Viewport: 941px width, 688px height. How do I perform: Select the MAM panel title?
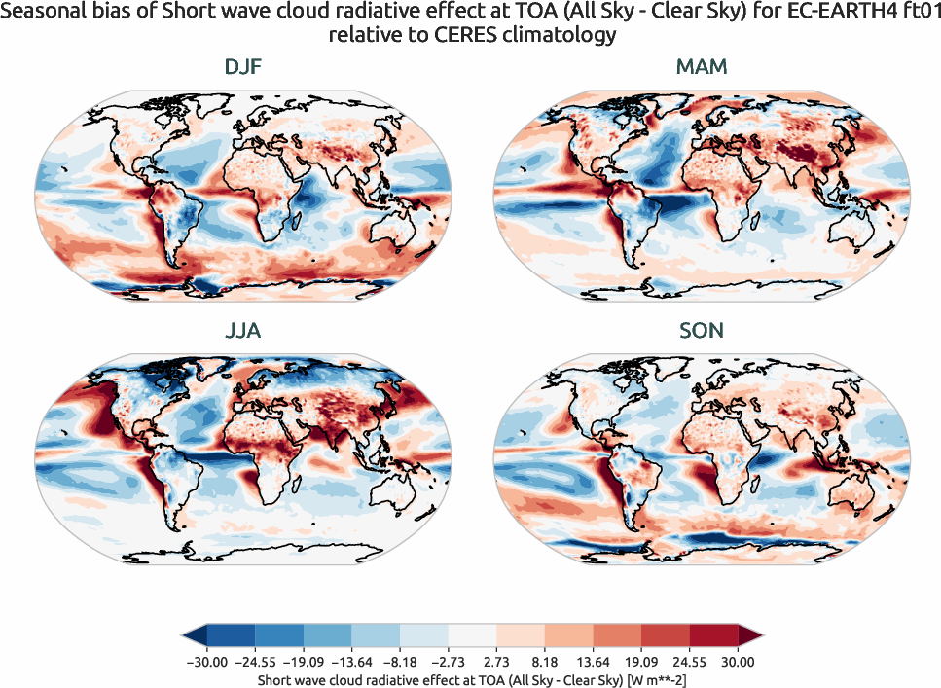pos(701,68)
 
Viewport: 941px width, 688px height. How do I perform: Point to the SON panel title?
pos(701,331)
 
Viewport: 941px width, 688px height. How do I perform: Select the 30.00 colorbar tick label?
pos(738,662)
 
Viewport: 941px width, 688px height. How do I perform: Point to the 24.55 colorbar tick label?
pos(689,662)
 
